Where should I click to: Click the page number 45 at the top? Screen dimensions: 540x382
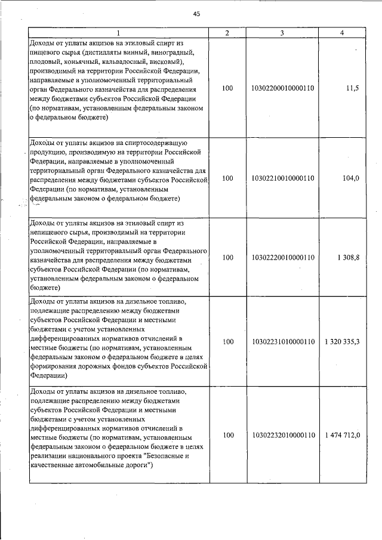[196, 14]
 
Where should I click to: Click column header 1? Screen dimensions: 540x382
[118, 33]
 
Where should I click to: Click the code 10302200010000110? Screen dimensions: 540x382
[283, 88]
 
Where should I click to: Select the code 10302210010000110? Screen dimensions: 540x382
[283, 178]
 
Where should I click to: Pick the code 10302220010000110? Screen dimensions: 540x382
[283, 257]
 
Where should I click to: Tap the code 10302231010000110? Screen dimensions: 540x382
[283, 342]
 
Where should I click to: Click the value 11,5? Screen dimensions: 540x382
[353, 88]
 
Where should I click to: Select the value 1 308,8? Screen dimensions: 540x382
[348, 257]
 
